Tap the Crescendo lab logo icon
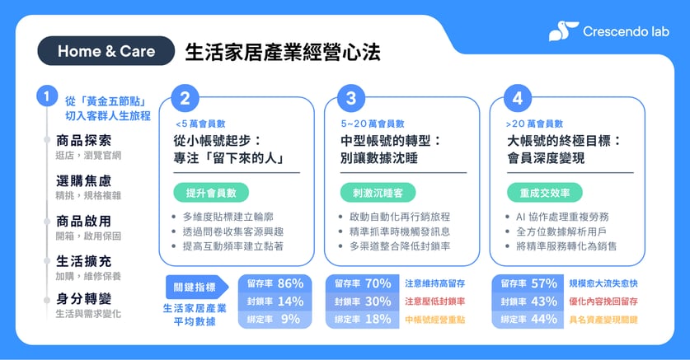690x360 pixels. tap(563, 31)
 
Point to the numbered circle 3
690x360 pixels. tap(351, 99)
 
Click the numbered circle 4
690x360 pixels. tap(517, 99)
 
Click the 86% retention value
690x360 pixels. tap(290, 283)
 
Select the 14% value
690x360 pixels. tap(290, 302)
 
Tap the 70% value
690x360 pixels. tap(378, 283)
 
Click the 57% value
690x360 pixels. tap(543, 283)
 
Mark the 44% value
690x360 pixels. tap(543, 320)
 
